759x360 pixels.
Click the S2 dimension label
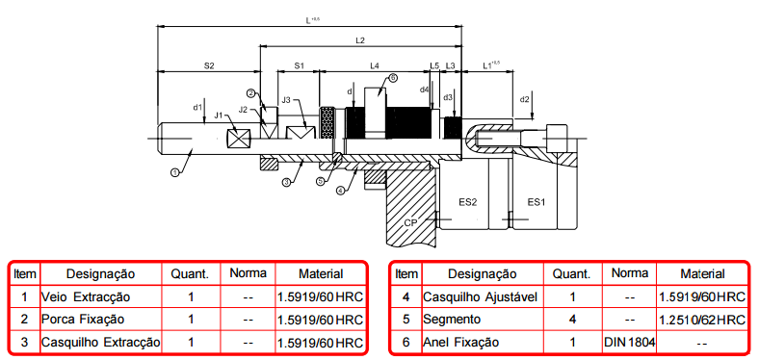pyautogui.click(x=209, y=66)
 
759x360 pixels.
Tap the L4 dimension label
pyautogui.click(x=375, y=65)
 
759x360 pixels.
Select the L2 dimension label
pyautogui.click(x=359, y=40)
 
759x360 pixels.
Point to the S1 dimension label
pyautogui.click(x=300, y=65)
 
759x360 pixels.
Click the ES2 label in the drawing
pyautogui.click(x=468, y=202)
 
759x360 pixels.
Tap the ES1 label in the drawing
pyautogui.click(x=537, y=202)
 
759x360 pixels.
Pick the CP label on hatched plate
pyautogui.click(x=410, y=222)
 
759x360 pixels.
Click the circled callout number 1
pyautogui.click(x=175, y=171)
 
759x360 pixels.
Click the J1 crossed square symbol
pyautogui.click(x=240, y=139)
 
